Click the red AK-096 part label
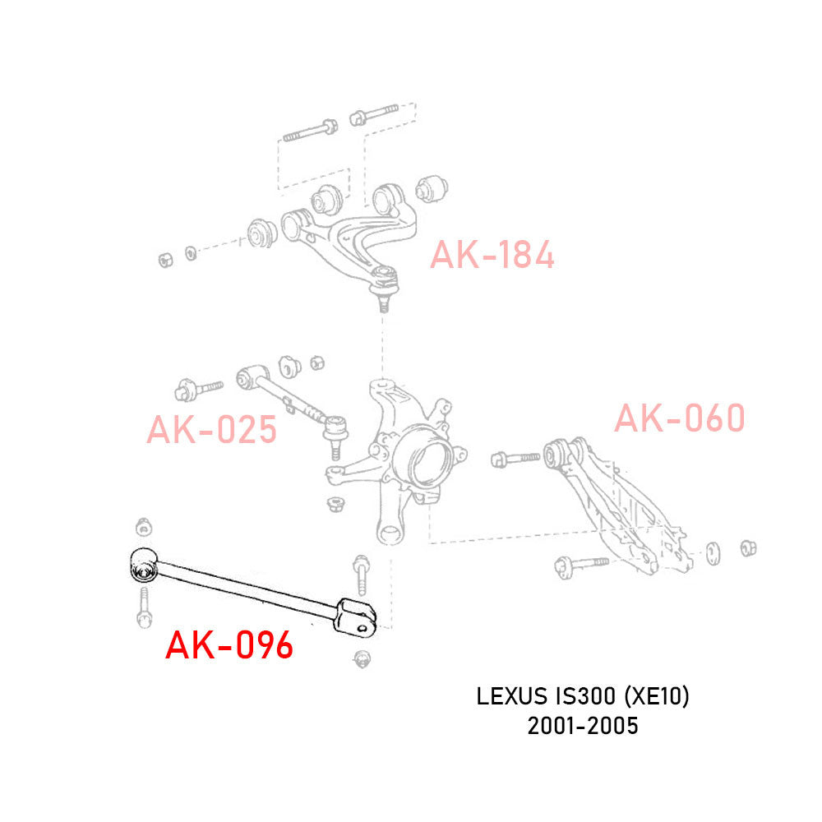click(x=229, y=646)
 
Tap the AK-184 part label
click(x=492, y=256)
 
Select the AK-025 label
click(x=211, y=430)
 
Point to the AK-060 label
click(x=680, y=418)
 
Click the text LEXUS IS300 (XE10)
click(x=583, y=697)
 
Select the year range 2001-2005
click(x=583, y=726)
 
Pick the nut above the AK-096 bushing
click(x=143, y=526)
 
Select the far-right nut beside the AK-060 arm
click(x=748, y=548)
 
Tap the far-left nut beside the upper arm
click(x=165, y=259)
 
